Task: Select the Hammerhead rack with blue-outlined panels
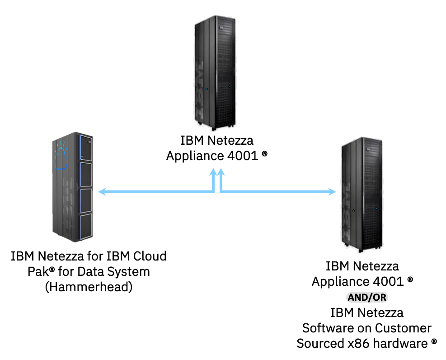[73, 185]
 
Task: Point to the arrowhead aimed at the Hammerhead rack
[102, 192]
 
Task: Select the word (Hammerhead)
[89, 287]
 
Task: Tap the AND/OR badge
[367, 297]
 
